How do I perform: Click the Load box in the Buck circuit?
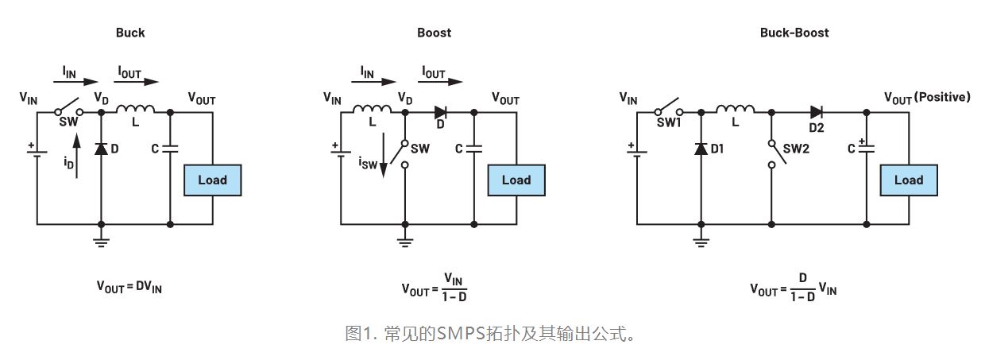tap(212, 180)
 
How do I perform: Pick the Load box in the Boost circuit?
tap(516, 180)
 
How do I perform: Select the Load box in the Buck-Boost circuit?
tap(908, 180)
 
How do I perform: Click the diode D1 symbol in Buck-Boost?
tap(700, 149)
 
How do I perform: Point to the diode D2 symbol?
tap(815, 113)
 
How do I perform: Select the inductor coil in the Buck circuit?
tap(133, 110)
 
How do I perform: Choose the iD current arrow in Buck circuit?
tap(76, 156)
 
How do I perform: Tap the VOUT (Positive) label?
tap(927, 97)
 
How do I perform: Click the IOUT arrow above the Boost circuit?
tap(445, 80)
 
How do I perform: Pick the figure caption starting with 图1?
tap(492, 334)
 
